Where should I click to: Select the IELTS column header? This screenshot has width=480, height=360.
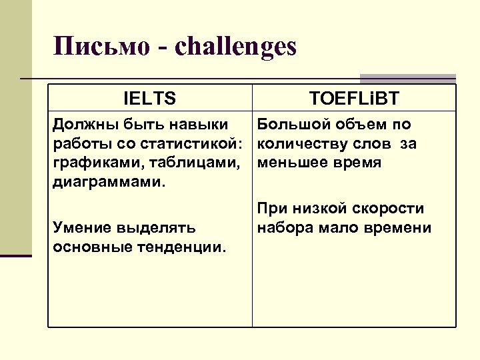[150, 99]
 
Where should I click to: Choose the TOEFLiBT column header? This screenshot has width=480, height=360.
[354, 99]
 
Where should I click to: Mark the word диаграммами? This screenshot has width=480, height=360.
[107, 181]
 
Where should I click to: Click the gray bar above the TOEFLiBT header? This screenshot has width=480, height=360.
[407, 77]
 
